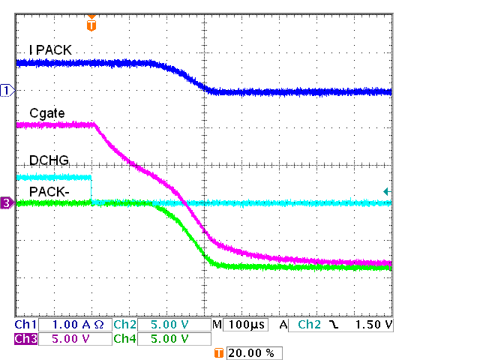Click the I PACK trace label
pos(50,50)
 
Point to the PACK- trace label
pos(49,192)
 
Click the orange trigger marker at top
pos(91,24)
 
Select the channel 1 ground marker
pos(7,91)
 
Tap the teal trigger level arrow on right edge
pos(386,192)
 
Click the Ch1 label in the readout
pos(25,325)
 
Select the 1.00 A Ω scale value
pos(73,325)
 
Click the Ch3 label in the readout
pos(25,339)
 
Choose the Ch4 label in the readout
pos(124,339)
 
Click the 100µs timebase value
pos(244,325)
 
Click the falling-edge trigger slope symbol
pos(332,325)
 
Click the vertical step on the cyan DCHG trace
pos(91,190)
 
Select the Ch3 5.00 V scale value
pos(73,339)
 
